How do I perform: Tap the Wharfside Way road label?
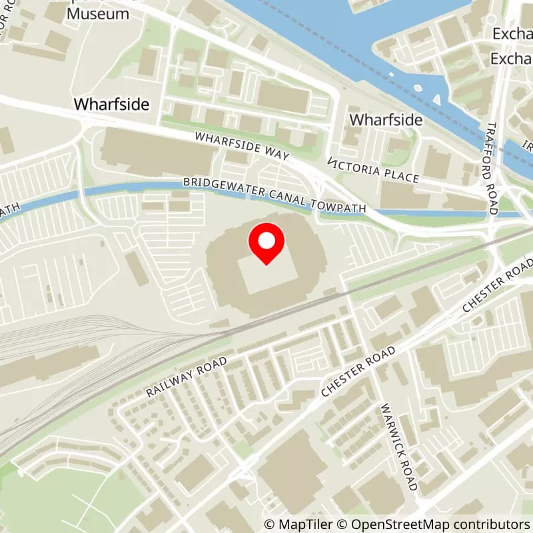[x=242, y=146]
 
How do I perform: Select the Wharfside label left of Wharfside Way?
[x=111, y=105]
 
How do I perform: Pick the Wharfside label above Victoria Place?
[x=386, y=120]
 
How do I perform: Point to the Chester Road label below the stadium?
[x=359, y=372]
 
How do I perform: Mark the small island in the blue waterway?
[x=418, y=87]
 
